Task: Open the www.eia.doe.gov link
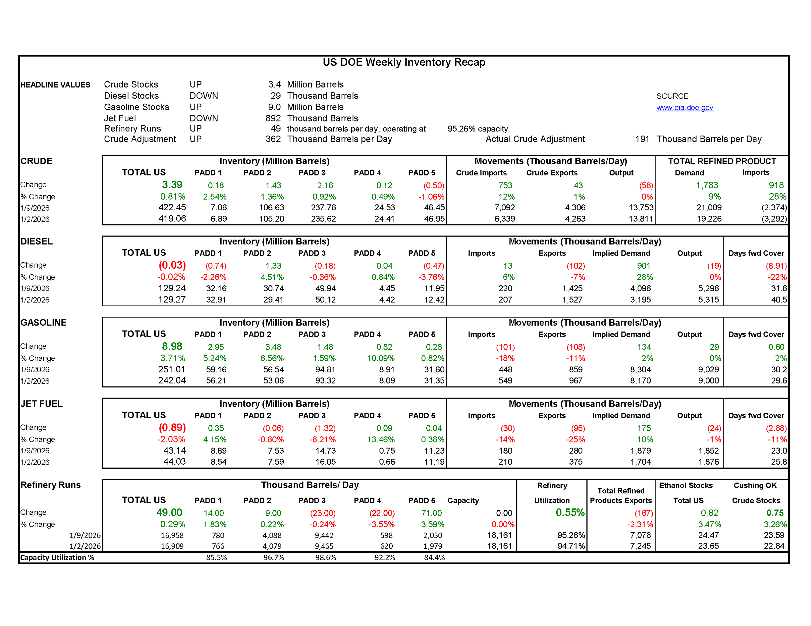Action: (x=684, y=108)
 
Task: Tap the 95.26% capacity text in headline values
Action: (x=478, y=129)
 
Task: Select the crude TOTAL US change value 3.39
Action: (x=172, y=185)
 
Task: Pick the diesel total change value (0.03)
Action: (x=172, y=265)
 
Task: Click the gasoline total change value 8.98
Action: (x=172, y=347)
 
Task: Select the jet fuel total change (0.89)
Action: (x=172, y=428)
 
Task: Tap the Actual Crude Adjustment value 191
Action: (x=642, y=139)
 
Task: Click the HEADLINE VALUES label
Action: (x=55, y=85)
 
